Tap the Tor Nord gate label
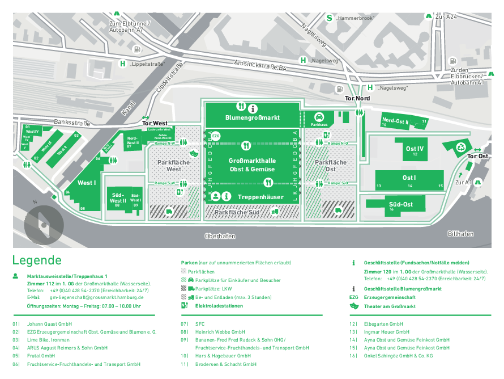tap(358, 99)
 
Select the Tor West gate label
tap(155, 123)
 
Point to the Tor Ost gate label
tap(477, 156)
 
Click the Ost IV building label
tap(415, 149)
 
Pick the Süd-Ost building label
tap(400, 204)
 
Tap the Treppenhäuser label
tap(260, 197)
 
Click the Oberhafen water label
tap(220, 236)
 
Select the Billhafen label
tap(460, 234)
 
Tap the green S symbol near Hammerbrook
tap(329, 18)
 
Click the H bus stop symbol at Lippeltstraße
tap(122, 64)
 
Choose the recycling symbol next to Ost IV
tap(460, 149)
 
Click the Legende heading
tap(37, 260)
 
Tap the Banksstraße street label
tap(72, 122)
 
